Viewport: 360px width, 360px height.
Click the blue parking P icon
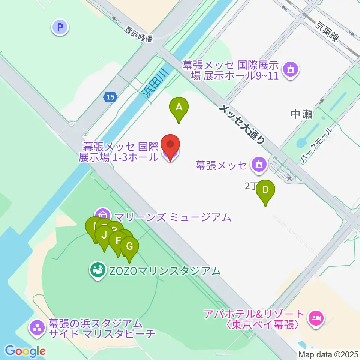[x=60, y=27]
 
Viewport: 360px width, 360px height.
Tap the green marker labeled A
[x=179, y=107]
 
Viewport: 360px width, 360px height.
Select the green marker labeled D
[x=265, y=190]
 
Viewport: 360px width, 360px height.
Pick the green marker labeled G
[x=129, y=247]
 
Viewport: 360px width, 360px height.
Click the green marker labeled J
[x=104, y=235]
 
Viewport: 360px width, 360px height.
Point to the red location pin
[x=170, y=145]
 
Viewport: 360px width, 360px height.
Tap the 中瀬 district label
[x=301, y=114]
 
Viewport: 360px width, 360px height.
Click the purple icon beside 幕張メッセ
[x=259, y=164]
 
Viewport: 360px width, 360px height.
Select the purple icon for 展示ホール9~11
[x=291, y=69]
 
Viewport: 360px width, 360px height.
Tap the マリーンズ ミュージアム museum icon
[x=104, y=216]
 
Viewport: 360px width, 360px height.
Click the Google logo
[x=25, y=351]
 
